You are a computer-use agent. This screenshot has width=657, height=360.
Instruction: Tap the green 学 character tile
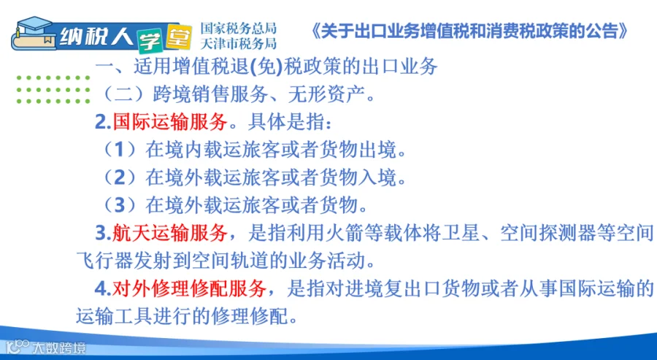pyautogui.click(x=150, y=41)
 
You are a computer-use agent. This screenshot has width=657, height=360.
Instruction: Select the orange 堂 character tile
pyautogui.click(x=179, y=37)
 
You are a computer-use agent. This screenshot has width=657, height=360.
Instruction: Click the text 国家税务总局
pyautogui.click(x=239, y=28)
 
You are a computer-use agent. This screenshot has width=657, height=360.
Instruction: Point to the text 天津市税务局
pyautogui.click(x=239, y=44)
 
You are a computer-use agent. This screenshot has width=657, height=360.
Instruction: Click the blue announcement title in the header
pyautogui.click(x=469, y=31)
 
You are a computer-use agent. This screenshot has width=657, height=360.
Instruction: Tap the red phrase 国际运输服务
pyautogui.click(x=170, y=122)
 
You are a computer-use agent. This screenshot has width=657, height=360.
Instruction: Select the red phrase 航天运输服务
pyautogui.click(x=170, y=234)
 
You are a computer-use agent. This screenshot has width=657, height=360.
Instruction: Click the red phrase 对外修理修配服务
pyautogui.click(x=189, y=288)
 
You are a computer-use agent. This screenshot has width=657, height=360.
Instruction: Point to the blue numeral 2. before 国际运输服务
pyautogui.click(x=103, y=123)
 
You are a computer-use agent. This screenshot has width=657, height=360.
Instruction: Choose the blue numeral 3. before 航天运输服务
pyautogui.click(x=103, y=234)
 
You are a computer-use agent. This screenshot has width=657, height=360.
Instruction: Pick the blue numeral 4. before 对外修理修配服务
pyautogui.click(x=103, y=289)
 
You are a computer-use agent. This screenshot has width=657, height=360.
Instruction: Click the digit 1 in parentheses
pyautogui.click(x=120, y=150)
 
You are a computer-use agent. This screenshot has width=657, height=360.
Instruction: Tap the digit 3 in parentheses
pyautogui.click(x=120, y=205)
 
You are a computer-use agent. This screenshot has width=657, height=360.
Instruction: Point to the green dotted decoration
pyautogui.click(x=53, y=89)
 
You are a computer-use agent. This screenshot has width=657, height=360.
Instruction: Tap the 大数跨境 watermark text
pyautogui.click(x=59, y=348)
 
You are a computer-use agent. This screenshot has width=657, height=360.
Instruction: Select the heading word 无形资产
pyautogui.click(x=327, y=94)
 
